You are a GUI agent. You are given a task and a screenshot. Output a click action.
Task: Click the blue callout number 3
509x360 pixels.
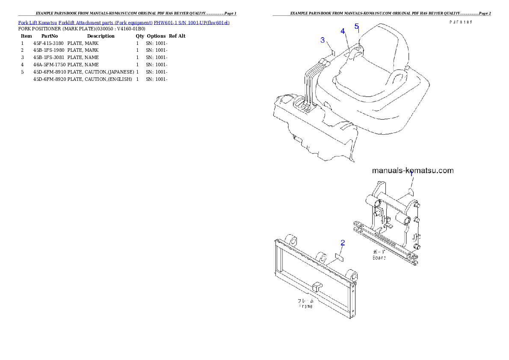[323, 40]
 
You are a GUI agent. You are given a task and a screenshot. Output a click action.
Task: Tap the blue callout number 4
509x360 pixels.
[343, 31]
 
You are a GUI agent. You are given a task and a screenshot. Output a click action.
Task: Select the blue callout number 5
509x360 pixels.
[357, 26]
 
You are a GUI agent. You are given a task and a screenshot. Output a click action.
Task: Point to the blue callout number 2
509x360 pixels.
[343, 242]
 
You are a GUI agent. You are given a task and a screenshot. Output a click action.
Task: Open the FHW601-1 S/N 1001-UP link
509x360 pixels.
[192, 22]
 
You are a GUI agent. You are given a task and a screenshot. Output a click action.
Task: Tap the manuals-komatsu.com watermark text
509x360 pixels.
[413, 170]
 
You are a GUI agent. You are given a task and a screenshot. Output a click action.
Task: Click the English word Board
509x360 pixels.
[379, 257]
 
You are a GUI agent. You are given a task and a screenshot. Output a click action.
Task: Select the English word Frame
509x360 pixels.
[305, 306]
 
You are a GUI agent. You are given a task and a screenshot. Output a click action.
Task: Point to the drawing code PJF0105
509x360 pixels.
[461, 22]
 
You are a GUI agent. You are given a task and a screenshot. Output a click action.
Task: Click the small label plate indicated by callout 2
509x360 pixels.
[339, 257]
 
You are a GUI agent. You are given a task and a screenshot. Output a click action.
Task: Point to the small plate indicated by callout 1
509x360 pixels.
[411, 190]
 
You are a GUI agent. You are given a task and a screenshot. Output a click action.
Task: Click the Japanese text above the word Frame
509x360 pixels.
[305, 301]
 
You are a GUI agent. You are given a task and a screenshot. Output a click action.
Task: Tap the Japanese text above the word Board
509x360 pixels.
[379, 252]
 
